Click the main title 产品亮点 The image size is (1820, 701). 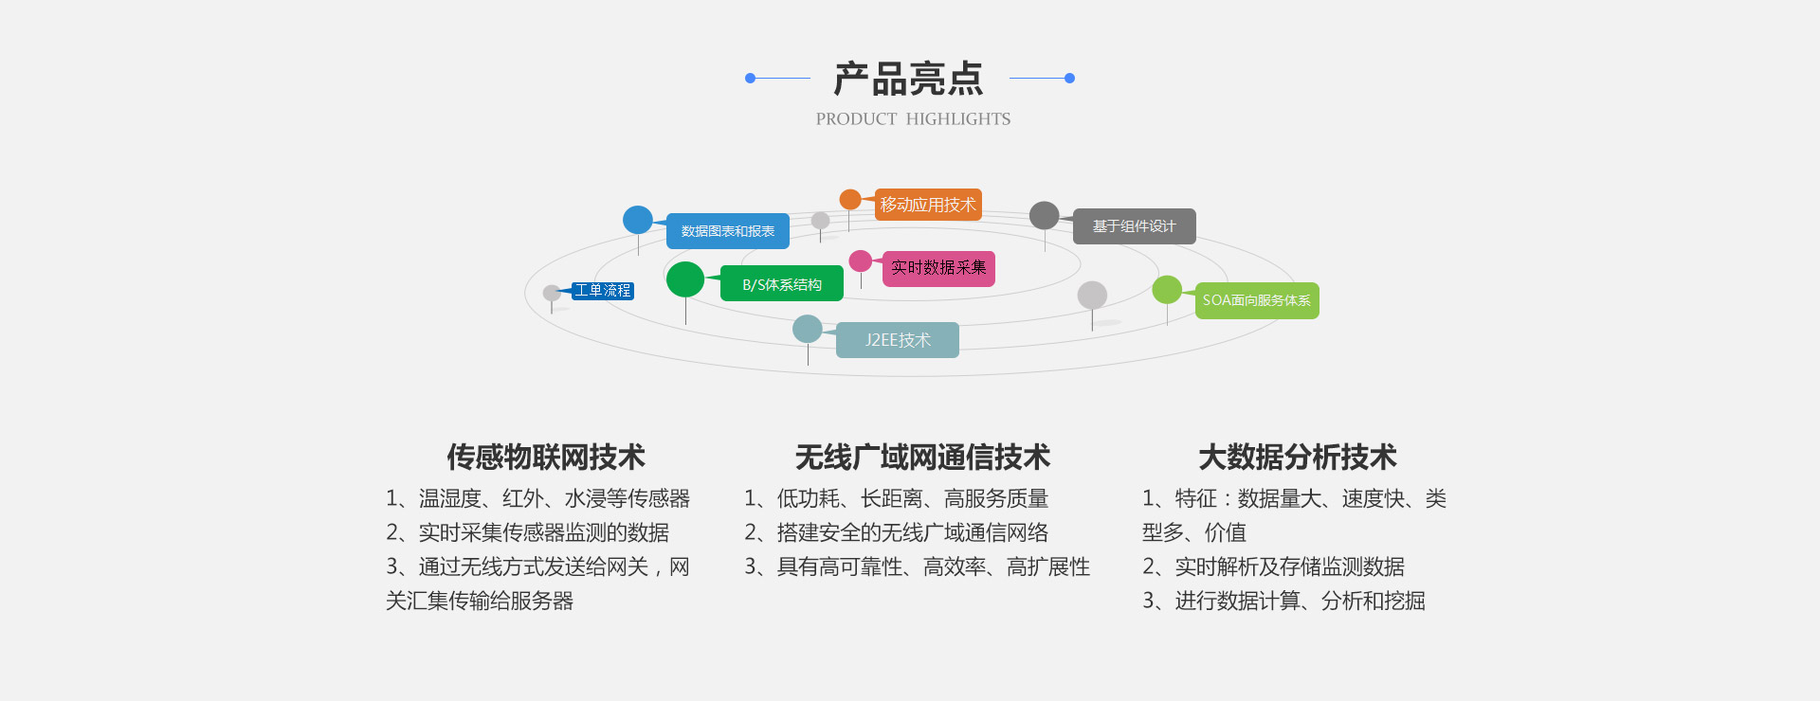908,79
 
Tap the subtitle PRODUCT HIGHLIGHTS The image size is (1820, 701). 913,119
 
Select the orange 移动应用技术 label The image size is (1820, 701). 928,205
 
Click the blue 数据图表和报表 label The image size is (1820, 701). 728,231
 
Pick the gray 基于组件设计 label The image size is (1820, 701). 1134,226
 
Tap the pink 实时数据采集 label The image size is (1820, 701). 938,268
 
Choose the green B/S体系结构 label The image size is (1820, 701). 782,284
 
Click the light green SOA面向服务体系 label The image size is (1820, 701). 1256,300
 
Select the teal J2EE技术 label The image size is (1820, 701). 897,340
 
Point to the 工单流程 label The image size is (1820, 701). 602,291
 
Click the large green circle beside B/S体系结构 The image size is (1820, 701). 685,279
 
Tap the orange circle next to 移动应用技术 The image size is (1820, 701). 850,200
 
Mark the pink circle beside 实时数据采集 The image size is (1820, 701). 861,261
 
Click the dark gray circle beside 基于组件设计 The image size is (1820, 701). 1044,215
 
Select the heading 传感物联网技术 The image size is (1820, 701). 546,458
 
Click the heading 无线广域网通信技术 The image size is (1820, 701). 922,458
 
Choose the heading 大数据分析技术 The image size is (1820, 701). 1297,458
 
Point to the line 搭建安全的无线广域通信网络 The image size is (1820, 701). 912,532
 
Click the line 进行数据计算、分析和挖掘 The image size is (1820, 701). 1300,601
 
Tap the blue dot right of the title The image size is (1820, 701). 1069,79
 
